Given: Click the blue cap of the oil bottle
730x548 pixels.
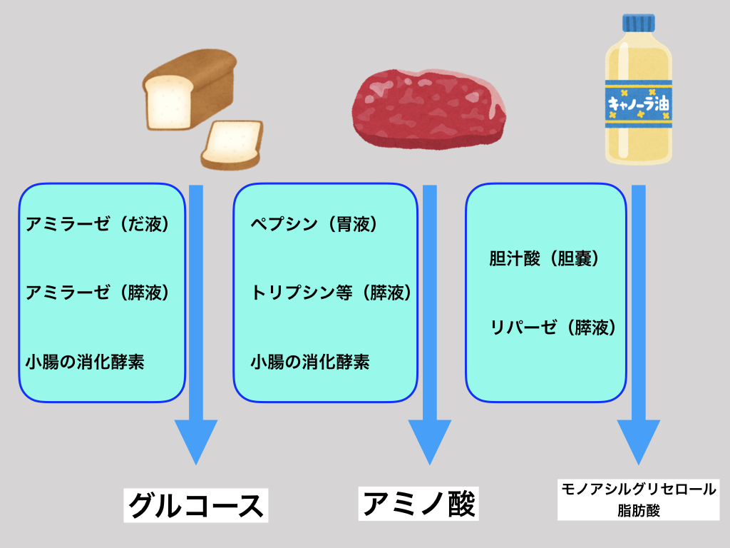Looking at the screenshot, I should pos(638,23).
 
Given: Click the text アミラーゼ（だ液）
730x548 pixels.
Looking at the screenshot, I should pos(99,224).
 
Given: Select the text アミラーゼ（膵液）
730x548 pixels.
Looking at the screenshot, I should pos(99,293).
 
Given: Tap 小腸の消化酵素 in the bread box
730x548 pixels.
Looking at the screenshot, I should pos(85,362).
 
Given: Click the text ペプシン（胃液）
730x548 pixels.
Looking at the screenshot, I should pos(314,224).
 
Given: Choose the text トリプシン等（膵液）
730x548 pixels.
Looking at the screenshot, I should pos(331,293).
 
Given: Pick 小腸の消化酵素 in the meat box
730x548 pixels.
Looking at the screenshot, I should pos(310,362).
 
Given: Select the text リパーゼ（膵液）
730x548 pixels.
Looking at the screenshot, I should pos(552,328).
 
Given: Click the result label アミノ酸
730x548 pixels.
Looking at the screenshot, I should pos(418,503).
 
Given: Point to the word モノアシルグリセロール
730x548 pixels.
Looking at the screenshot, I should pos(637,489).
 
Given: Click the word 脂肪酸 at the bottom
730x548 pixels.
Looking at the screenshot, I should pos(637,511).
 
